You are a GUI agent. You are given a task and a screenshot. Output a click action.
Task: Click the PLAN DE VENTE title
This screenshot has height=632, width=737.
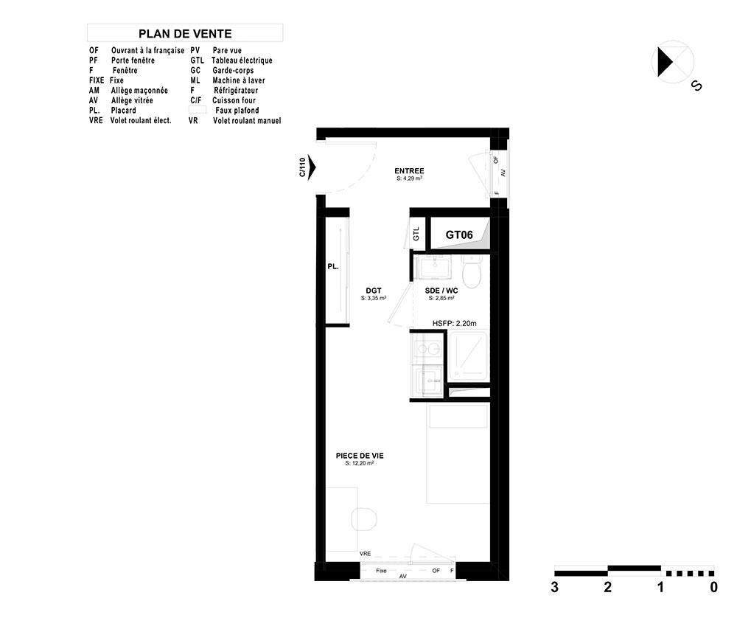185,34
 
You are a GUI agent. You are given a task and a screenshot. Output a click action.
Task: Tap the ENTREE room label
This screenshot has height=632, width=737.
409,170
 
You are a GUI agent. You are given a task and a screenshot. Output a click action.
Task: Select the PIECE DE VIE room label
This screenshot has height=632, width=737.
360,456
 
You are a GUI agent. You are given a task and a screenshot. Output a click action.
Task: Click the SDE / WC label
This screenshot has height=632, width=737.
441,291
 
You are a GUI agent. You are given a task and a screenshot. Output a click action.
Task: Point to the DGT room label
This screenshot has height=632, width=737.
374,291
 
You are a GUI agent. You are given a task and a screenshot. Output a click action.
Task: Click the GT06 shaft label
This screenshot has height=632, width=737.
459,235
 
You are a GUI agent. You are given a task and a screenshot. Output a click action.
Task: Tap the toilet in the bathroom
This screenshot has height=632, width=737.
471,272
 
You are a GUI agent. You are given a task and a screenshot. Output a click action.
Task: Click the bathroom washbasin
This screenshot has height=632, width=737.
436,267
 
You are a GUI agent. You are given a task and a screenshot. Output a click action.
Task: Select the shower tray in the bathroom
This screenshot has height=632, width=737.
468,355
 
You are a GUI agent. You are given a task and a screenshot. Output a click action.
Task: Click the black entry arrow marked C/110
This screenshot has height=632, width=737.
312,167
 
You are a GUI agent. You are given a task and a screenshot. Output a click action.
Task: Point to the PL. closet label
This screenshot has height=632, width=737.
333,267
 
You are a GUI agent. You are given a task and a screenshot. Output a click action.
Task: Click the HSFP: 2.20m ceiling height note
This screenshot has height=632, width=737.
454,323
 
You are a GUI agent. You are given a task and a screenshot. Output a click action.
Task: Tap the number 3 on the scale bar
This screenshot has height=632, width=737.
555,587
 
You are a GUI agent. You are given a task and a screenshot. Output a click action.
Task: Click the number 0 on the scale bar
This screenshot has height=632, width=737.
714,587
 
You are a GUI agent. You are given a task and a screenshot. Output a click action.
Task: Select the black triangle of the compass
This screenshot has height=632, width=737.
665,62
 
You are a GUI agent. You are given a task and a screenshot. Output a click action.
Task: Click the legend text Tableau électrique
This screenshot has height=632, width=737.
242,60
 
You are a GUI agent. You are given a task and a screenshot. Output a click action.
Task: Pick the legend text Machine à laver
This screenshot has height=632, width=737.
239,80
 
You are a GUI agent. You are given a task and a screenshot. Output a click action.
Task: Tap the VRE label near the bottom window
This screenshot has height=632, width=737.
366,554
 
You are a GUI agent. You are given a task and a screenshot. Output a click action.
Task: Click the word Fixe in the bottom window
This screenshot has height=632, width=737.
381,570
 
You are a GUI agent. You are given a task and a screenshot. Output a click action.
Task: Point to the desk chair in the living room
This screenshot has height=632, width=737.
364,519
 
